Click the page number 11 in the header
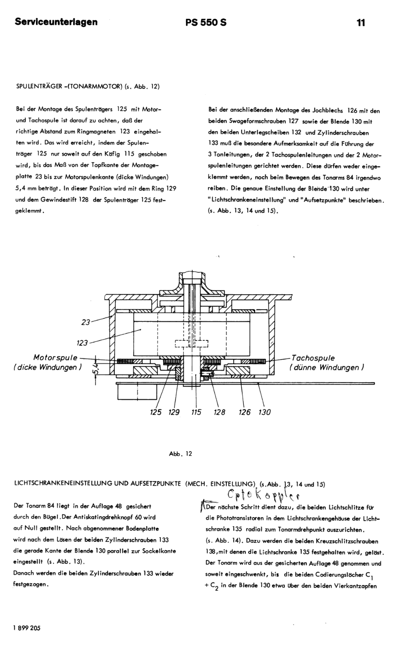pos(361,22)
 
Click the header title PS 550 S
pos(206,22)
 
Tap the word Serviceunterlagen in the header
pos(56,22)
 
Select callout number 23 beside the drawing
pos(85,322)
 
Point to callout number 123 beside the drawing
pos(82,343)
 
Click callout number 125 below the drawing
pos(156,412)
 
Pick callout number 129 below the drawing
pos(174,412)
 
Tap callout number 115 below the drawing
pos(196,412)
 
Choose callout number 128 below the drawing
pos(219,412)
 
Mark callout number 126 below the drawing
pos(245,412)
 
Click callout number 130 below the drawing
pos(265,412)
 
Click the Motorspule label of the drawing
pos(55,358)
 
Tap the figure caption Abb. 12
pos(180,454)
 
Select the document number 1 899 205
pos(27,628)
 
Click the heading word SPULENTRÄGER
pos(39,86)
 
